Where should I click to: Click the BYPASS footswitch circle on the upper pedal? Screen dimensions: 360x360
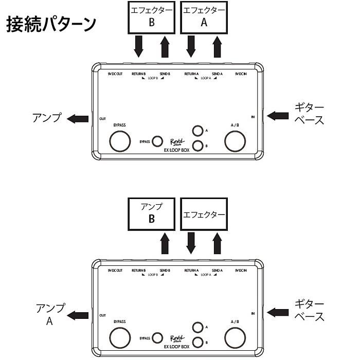pyautogui.click(x=120, y=140)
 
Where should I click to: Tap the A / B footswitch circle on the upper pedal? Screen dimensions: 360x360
pyautogui.click(x=235, y=140)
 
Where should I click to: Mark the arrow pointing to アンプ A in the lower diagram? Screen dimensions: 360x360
pyautogui.click(x=78, y=315)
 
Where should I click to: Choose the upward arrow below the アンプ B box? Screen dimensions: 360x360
pyautogui.click(x=165, y=243)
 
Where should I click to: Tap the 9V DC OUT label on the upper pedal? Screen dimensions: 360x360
pyautogui.click(x=115, y=74)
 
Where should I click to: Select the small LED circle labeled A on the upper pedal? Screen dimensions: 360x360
pyautogui.click(x=197, y=131)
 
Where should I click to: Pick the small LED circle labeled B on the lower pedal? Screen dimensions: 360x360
pyautogui.click(x=197, y=343)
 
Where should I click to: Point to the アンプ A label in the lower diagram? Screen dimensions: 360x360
pyautogui.click(x=50, y=314)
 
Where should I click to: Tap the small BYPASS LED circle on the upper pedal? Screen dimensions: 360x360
pyautogui.click(x=158, y=140)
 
